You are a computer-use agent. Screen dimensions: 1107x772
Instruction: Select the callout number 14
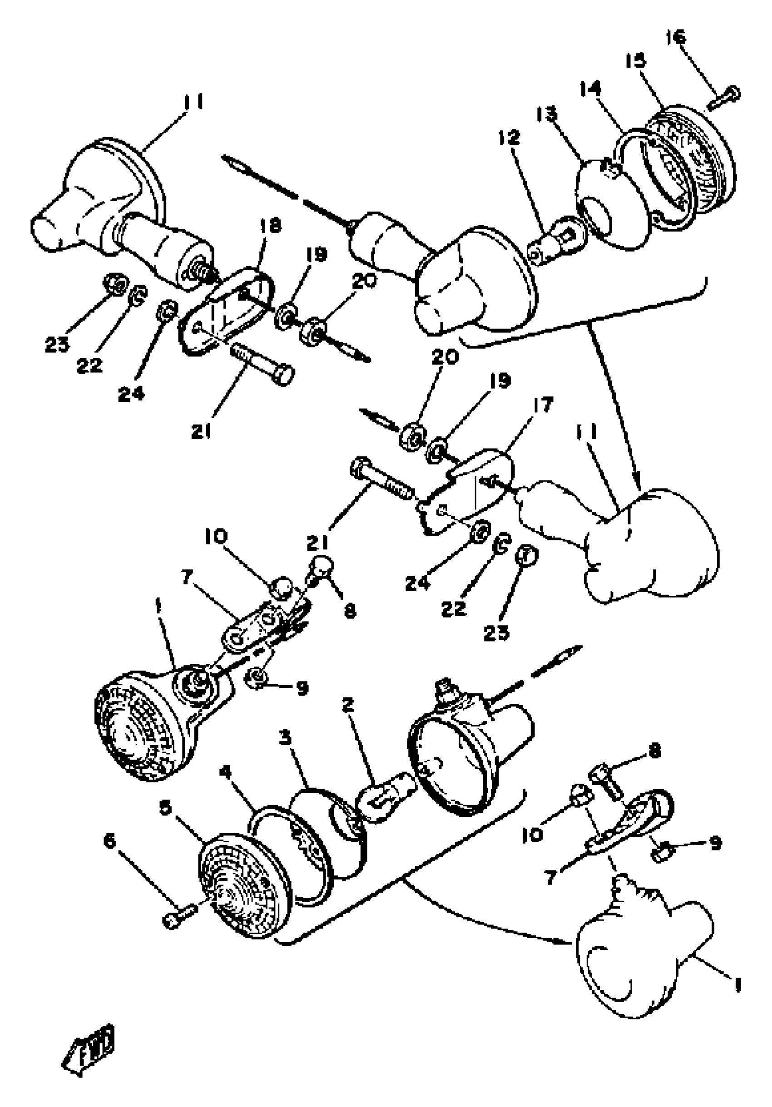tap(591, 88)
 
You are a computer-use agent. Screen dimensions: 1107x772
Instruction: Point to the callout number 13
tap(546, 114)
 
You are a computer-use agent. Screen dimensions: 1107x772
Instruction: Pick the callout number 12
tap(510, 138)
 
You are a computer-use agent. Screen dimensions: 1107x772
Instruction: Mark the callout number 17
tap(544, 404)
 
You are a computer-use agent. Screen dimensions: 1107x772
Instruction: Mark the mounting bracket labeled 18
tap(227, 309)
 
